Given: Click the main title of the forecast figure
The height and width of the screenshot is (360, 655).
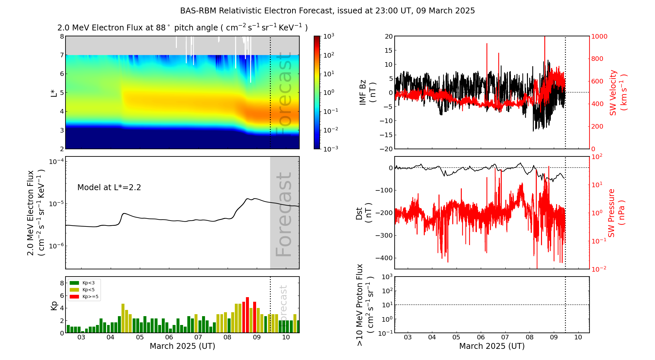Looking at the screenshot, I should [327, 11].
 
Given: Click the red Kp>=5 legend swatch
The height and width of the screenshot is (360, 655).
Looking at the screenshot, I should [74, 297].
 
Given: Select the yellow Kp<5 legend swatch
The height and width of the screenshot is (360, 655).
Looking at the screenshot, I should [74, 290].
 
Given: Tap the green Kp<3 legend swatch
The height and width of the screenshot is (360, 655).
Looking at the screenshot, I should [74, 283].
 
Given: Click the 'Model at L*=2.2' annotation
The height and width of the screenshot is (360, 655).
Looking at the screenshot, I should [109, 188].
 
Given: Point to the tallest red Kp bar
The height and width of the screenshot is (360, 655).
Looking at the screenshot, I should [248, 314].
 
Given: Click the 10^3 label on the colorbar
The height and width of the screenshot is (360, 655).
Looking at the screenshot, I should [329, 36].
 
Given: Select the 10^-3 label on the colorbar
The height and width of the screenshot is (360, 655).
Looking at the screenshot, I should [330, 149].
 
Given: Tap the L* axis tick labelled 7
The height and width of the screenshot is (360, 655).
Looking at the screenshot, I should [62, 55].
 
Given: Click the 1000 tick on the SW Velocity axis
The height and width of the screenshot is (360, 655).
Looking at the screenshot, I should [599, 36].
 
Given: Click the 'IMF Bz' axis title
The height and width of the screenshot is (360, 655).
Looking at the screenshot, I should [367, 92].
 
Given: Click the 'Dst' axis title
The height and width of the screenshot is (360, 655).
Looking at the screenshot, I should [364, 213].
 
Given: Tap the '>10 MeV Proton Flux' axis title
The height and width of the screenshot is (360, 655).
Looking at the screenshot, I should [365, 305].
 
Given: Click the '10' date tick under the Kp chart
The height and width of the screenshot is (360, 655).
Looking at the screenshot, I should [286, 337].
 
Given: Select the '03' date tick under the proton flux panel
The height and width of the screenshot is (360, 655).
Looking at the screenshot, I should [408, 337].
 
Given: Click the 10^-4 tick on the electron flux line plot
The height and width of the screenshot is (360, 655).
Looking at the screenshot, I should [56, 162].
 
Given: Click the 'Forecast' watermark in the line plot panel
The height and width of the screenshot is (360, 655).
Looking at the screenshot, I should [284, 214].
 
